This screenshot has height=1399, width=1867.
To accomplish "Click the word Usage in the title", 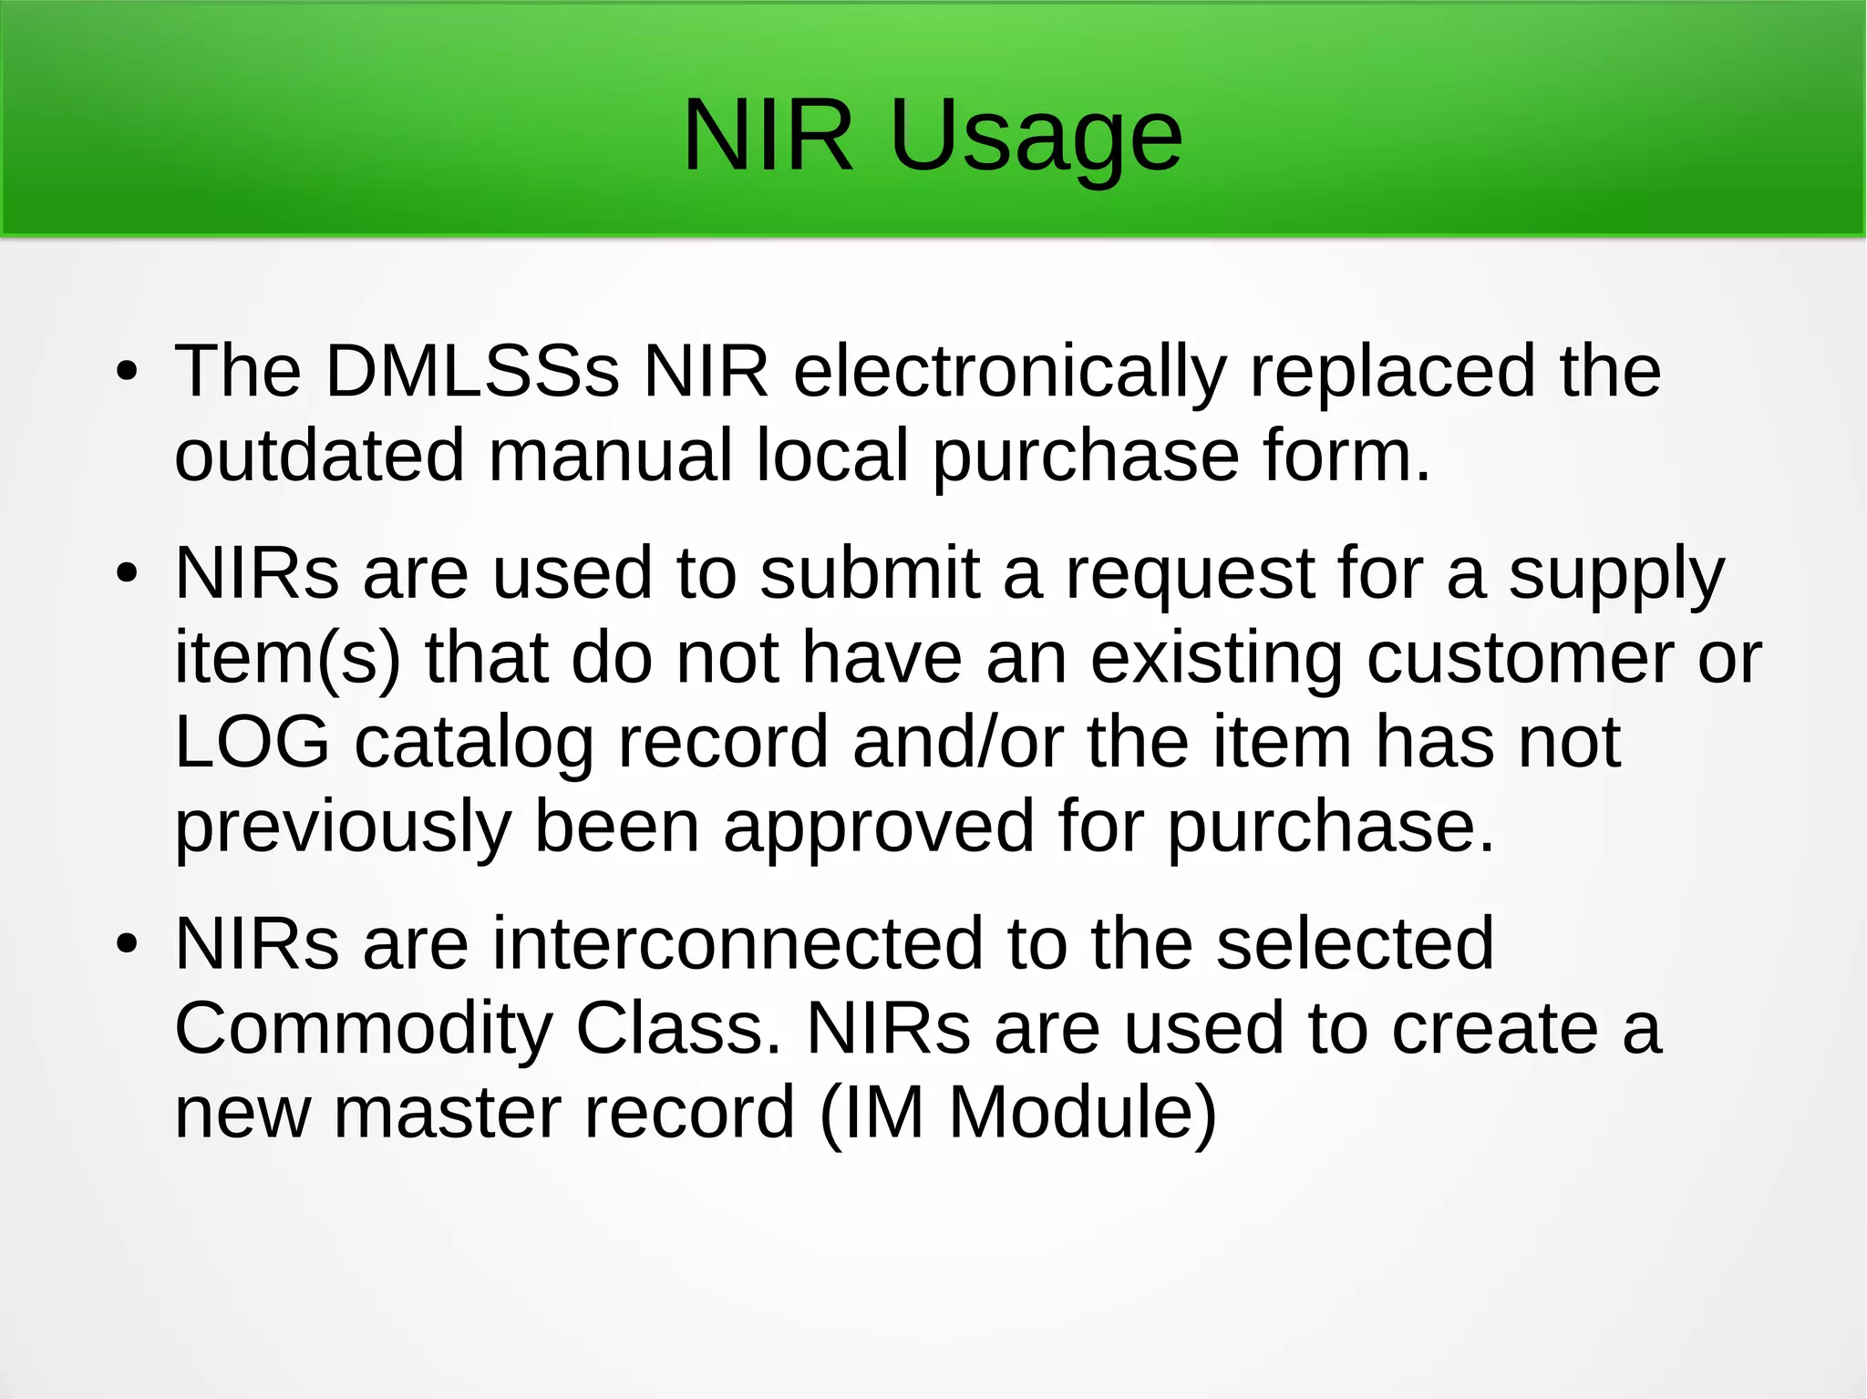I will point(1036,137).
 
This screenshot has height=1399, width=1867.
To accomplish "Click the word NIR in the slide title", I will point(768,137).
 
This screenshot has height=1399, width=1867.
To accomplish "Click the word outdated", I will point(319,455).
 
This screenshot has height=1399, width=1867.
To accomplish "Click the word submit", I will point(870,573).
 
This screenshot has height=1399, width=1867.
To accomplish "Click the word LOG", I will point(252,742).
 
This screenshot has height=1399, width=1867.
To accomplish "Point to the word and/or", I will point(958,742).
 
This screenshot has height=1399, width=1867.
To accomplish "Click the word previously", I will point(342,828).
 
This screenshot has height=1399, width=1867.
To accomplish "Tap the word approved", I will point(879,828).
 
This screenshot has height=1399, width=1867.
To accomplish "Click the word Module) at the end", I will point(1082,1113).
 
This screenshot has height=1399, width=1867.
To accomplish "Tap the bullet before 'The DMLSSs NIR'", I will point(127,372).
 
